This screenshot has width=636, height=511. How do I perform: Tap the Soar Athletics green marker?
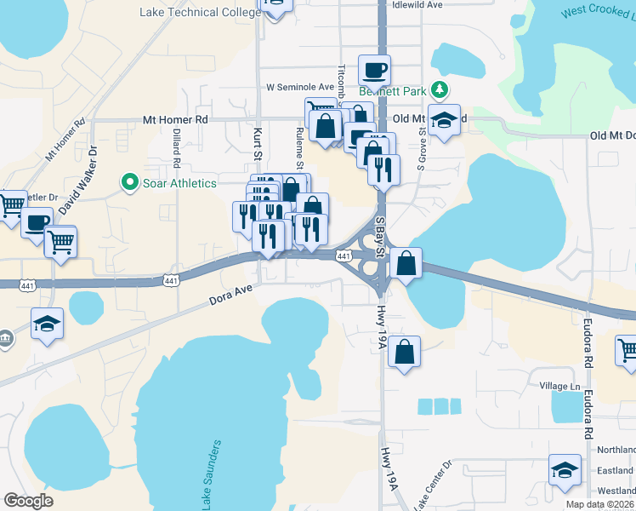coord(129,181)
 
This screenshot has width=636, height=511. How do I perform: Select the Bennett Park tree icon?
coord(440,89)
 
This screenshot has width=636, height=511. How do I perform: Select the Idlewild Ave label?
coord(417,4)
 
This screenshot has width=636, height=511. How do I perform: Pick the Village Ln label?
coord(559,386)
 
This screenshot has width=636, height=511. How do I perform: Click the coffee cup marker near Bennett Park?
coord(374,69)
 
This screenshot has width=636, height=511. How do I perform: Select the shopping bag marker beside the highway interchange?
coord(407,263)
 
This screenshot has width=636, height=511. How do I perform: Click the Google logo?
coord(28,501)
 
